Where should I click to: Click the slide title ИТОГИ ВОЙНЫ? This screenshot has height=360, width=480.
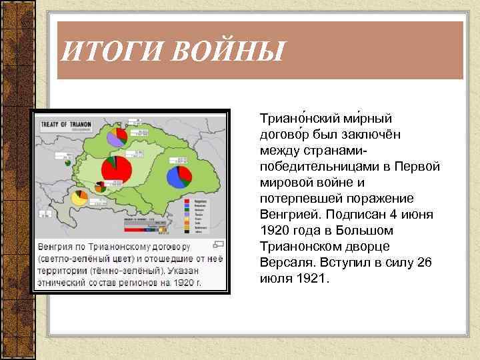click(171, 51)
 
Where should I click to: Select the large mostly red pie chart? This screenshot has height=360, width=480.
click(116, 171)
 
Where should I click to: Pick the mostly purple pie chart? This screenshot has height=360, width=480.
click(117, 137)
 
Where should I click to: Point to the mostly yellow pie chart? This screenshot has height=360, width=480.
click(79, 198)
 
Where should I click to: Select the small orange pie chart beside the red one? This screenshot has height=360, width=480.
click(100, 187)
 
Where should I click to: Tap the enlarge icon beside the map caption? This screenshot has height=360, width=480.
click(220, 245)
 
